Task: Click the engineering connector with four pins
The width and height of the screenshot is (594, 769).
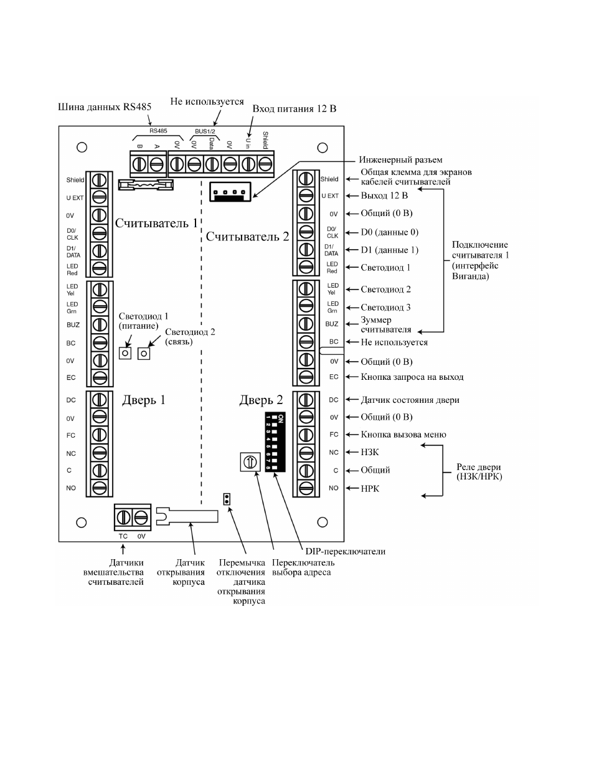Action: click(230, 191)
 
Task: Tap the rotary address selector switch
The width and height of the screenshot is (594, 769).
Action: click(250, 461)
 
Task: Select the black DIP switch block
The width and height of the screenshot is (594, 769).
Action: click(275, 441)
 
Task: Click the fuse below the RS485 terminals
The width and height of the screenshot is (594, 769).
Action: click(146, 184)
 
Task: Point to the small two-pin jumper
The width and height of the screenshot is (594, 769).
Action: click(227, 499)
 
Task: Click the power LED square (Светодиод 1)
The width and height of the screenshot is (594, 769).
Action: click(125, 353)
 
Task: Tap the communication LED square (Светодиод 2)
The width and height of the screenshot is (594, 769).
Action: click(144, 353)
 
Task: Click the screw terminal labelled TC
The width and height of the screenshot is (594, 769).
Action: click(123, 517)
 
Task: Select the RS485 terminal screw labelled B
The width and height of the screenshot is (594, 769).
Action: click(139, 164)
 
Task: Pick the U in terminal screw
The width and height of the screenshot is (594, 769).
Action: click(248, 164)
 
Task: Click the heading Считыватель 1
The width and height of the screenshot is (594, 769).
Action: click(156, 224)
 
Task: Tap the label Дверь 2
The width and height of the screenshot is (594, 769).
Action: click(261, 400)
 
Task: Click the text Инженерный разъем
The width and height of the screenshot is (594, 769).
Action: click(400, 160)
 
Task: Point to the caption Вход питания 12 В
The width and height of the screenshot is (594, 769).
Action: click(294, 108)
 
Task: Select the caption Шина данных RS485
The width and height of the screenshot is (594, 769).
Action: click(105, 107)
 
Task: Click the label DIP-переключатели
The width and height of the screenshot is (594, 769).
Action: click(346, 551)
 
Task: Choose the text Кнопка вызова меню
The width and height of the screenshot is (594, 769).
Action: click(403, 435)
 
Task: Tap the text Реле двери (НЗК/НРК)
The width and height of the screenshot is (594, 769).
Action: click(479, 472)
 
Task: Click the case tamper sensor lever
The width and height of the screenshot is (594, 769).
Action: click(187, 516)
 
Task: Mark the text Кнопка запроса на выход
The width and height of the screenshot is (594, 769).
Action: click(412, 377)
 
